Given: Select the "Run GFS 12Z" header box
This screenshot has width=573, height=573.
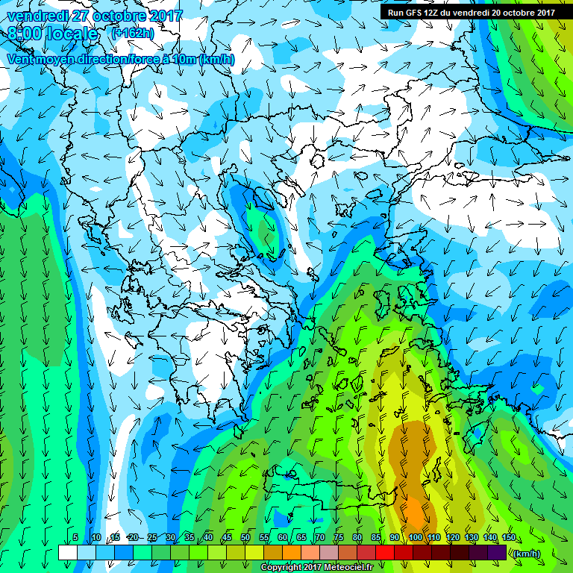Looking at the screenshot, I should (x=472, y=12).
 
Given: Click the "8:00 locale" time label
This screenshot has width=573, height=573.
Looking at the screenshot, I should (x=52, y=34).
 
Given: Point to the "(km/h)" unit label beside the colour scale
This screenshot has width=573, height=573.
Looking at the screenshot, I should (x=526, y=553).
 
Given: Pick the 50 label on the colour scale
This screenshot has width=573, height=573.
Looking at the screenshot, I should (x=246, y=538).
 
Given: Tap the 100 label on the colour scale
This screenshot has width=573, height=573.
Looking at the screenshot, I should (x=415, y=538).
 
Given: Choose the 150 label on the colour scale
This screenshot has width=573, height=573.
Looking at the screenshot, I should (x=509, y=538).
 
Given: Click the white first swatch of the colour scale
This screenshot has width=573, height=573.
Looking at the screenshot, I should (x=67, y=552).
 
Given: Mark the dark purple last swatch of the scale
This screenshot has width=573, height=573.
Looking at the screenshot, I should (x=497, y=552).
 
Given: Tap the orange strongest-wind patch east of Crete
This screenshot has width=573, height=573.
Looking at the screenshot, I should (x=415, y=512).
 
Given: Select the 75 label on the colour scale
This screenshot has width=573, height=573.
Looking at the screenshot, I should (x=339, y=538).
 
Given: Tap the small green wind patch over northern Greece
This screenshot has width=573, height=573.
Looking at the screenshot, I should (x=263, y=228).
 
